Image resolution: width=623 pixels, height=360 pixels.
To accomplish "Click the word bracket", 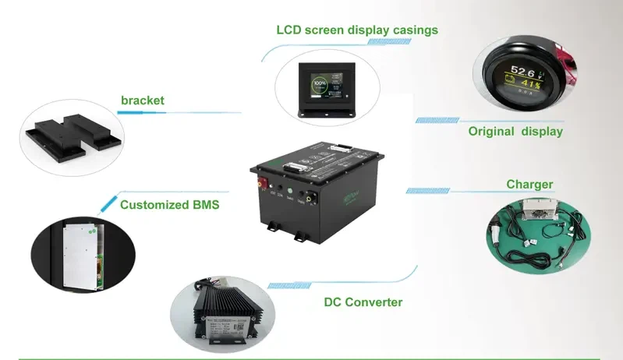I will coord(143,101).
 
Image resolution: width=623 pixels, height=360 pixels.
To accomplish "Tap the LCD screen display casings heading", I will coord(357,30).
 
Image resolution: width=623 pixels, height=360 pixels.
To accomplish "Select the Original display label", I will coord(515,132).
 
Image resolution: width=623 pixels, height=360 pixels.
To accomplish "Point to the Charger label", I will coord(529,185).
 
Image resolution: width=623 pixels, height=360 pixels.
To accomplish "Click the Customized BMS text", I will coord(169,206).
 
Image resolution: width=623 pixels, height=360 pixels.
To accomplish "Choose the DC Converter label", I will coord(363,302).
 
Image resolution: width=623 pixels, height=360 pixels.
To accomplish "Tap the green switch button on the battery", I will coord(289,190).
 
